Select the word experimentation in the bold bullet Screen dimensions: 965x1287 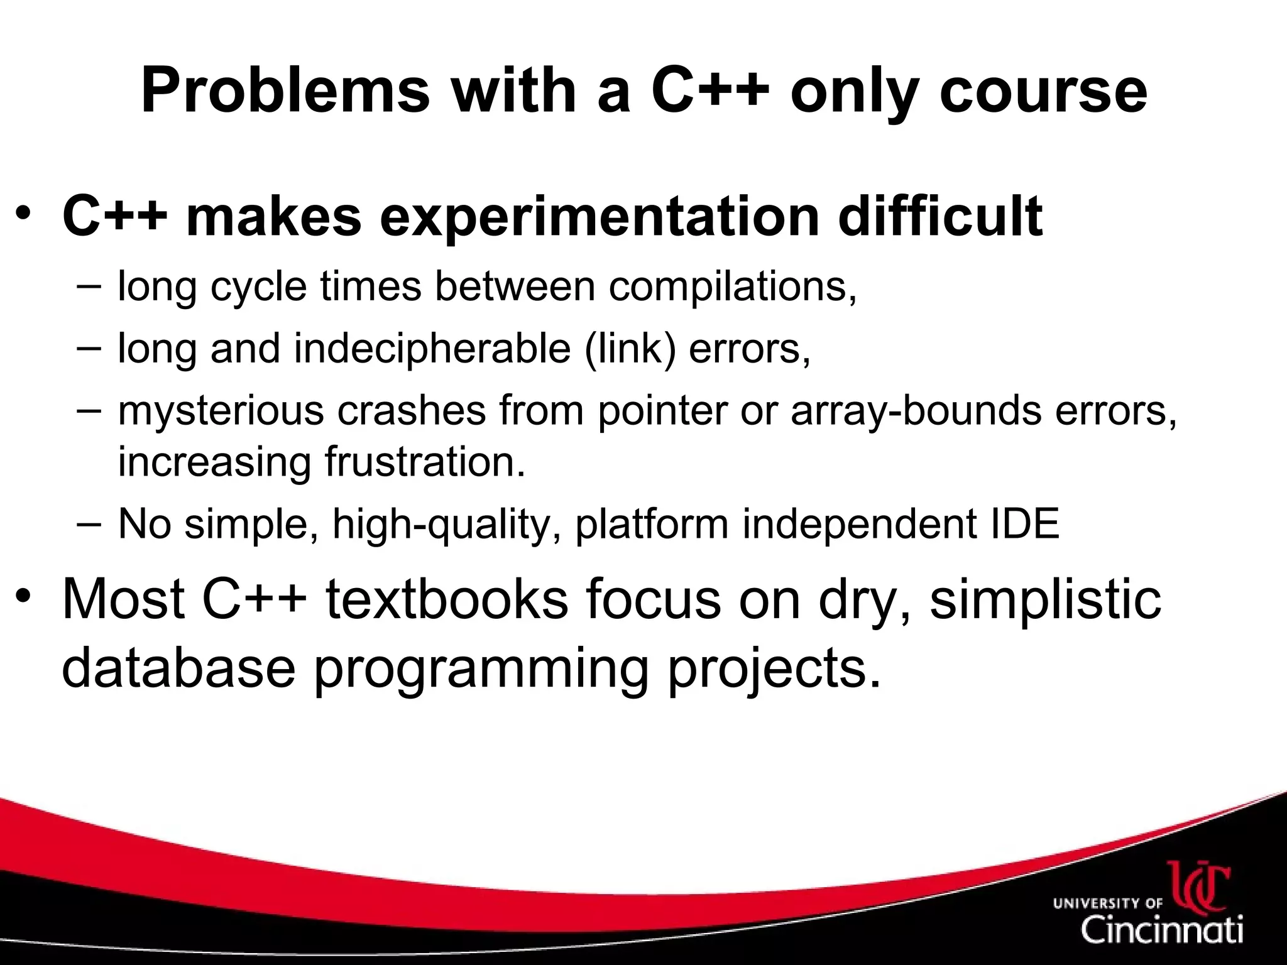600,217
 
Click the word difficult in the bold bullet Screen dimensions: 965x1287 939,217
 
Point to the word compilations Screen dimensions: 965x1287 732,286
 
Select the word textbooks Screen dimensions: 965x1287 447,599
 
